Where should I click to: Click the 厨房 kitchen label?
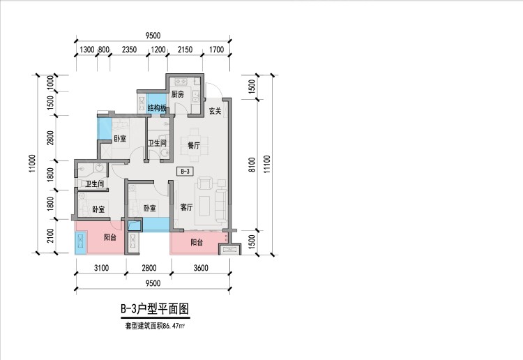point(177,94)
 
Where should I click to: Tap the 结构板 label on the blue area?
point(158,108)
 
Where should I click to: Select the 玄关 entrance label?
point(215,111)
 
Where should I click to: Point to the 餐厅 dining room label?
point(195,145)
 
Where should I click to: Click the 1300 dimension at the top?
point(86,50)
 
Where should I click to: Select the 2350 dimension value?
point(129,50)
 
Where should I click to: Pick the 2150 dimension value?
point(185,50)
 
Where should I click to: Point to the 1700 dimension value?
point(216,50)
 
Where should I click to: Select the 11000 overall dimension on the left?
point(34,165)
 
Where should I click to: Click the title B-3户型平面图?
point(155,308)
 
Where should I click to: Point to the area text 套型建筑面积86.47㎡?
point(155,325)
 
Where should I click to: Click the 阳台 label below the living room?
point(197,243)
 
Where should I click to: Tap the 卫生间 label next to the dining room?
point(157,144)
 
